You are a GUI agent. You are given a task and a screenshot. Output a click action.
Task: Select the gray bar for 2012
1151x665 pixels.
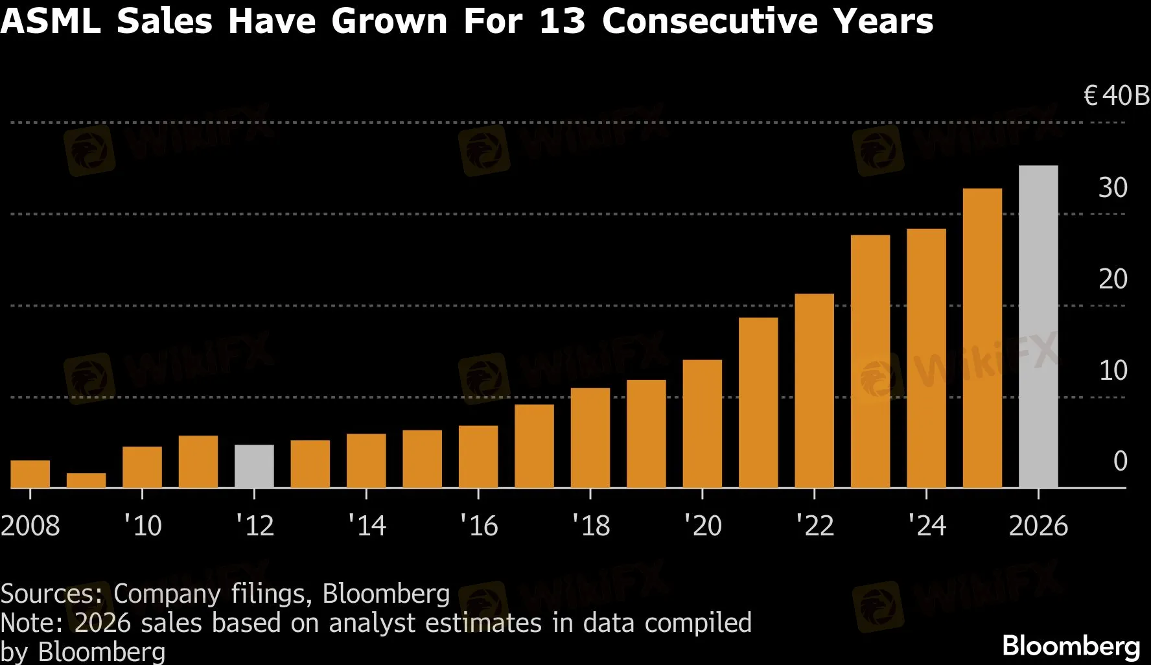pos(254,466)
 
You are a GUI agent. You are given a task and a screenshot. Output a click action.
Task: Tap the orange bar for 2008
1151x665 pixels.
pos(30,474)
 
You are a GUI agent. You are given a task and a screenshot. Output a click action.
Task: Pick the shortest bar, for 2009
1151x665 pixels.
pos(86,480)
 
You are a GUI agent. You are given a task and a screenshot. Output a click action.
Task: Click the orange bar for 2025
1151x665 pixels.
pos(982,338)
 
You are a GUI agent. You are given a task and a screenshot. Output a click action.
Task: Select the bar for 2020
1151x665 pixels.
pos(702,423)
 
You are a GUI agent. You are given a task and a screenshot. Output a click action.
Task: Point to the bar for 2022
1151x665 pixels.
pos(814,390)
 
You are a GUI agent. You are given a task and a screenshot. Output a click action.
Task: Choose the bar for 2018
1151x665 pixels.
pos(590,437)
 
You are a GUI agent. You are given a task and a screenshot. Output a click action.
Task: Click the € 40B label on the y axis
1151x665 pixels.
pos(1116,96)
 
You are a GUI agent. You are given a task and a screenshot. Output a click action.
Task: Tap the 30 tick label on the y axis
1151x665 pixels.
pos(1113,188)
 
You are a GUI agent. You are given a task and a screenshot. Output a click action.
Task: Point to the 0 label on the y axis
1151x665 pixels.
pos(1120,461)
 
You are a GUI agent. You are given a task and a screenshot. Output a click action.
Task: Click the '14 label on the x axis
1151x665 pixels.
pos(367,525)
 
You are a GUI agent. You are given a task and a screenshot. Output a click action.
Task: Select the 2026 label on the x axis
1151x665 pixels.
pos(1038,525)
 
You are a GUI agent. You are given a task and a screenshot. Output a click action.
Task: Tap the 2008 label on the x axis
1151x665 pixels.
pos(30,525)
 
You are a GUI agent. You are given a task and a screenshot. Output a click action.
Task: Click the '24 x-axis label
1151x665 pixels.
pos(927,525)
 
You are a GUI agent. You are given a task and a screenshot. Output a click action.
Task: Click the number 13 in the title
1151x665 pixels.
pos(561,21)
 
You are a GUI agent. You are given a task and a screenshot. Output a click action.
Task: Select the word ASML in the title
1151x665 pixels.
pos(51,21)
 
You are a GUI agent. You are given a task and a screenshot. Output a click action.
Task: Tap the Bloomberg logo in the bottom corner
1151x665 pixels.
pos(1071,646)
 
